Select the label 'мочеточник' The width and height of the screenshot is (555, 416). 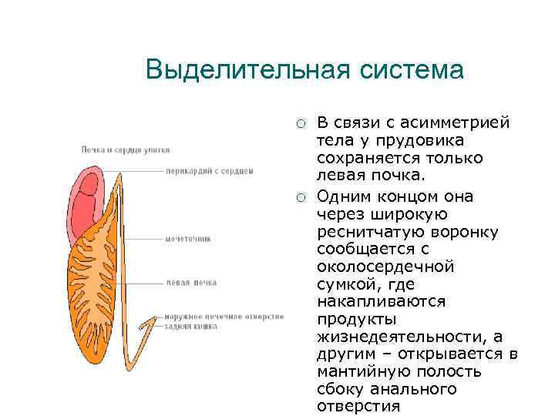(x=188, y=239)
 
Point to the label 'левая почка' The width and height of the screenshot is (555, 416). (x=191, y=282)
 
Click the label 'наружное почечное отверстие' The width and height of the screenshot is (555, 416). (x=224, y=317)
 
